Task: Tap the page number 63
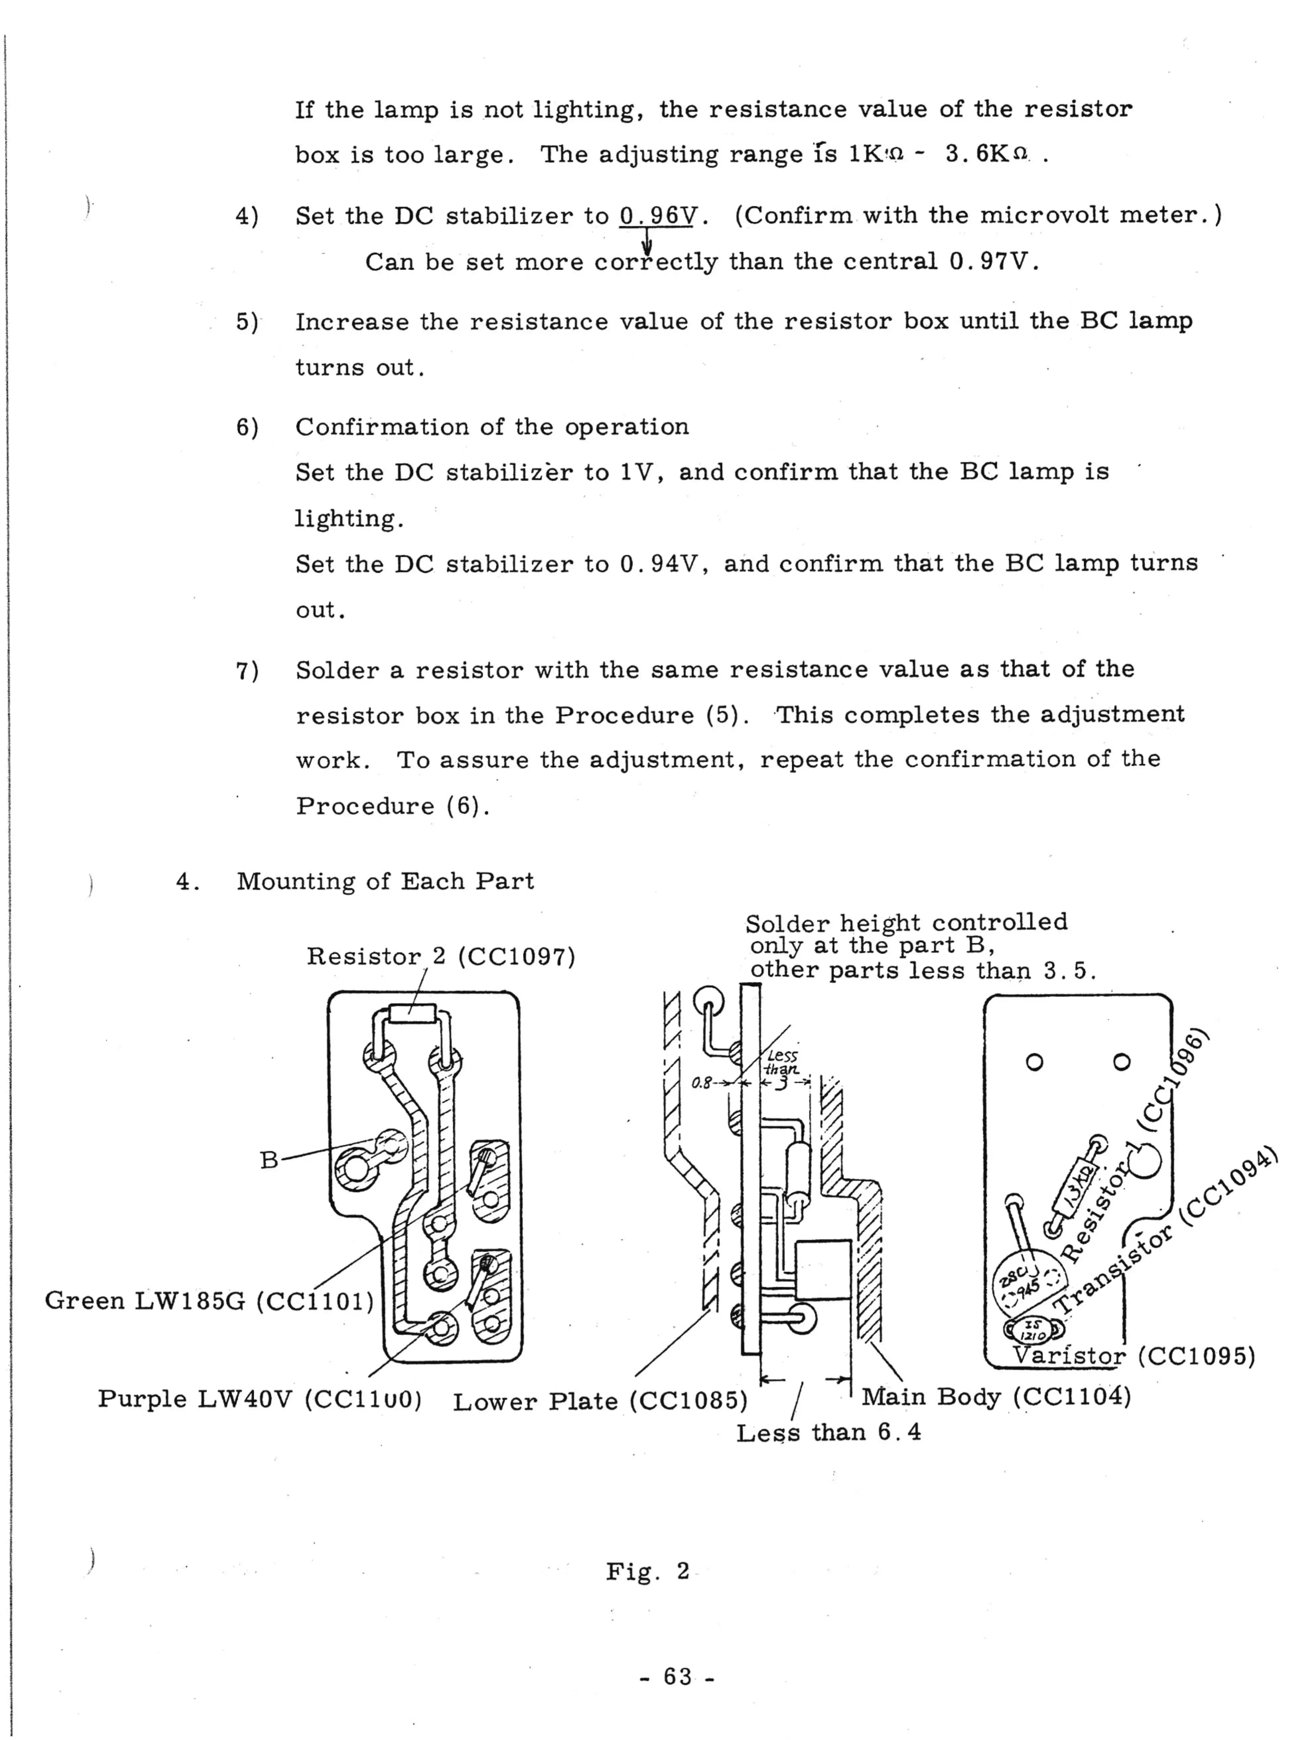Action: (677, 1676)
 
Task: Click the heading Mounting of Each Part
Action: (385, 881)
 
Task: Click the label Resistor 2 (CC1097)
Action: (440, 957)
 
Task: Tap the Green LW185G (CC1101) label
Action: (209, 1301)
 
